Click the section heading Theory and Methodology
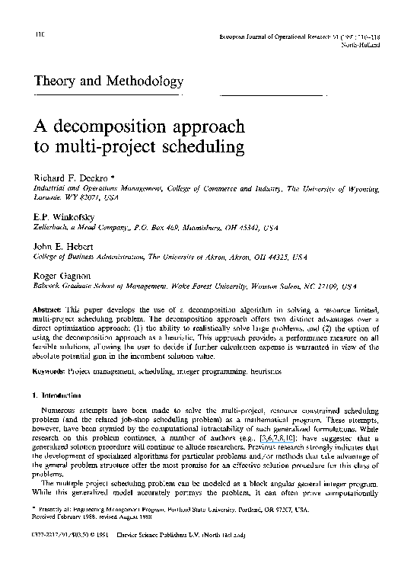[x=108, y=80]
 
